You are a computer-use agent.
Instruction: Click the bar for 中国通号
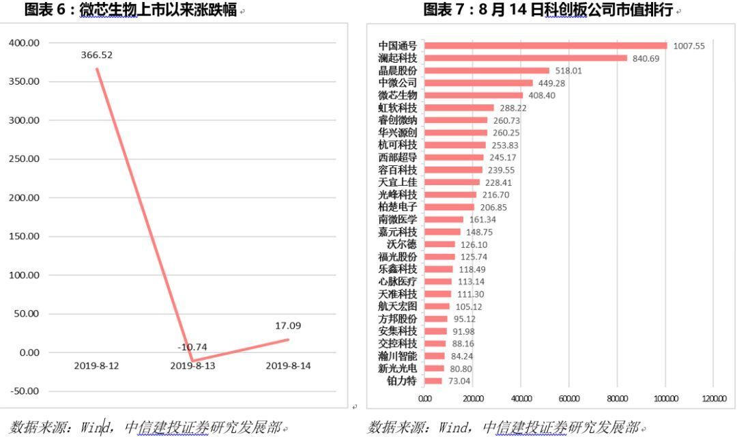coord(546,46)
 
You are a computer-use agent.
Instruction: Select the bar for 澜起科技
coord(525,58)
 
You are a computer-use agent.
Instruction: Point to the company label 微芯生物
coord(397,96)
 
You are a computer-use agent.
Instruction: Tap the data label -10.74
coord(192,347)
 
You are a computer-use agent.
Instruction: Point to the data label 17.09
coord(288,326)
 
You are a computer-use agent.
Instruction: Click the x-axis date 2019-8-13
coord(192,366)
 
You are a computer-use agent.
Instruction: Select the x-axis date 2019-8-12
coord(97,366)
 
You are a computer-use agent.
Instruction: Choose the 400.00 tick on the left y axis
coord(25,43)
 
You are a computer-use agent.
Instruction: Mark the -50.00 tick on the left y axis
coord(25,391)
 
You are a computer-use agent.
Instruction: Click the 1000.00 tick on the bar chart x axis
coord(665,399)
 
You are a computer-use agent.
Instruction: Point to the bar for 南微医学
coord(444,220)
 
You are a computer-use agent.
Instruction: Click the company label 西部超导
coord(397,158)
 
